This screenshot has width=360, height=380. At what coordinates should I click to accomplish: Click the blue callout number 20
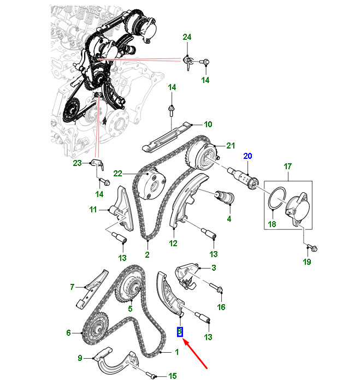[247, 156]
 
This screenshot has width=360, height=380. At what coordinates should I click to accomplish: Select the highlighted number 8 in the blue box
[180, 332]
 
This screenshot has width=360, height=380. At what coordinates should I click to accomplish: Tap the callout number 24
[187, 37]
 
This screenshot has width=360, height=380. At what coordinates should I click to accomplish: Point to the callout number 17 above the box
[287, 167]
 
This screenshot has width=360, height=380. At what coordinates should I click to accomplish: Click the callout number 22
[118, 174]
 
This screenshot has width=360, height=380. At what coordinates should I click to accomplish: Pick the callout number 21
[231, 145]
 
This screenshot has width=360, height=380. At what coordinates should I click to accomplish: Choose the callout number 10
[208, 124]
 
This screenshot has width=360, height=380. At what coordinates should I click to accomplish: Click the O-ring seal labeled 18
[277, 198]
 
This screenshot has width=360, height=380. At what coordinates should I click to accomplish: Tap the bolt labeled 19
[312, 248]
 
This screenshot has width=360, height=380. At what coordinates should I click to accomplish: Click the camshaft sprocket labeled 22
[149, 186]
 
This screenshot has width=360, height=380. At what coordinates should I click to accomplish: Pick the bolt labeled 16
[216, 288]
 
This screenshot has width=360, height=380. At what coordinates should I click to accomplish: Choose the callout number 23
[78, 163]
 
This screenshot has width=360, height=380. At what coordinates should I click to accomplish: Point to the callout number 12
[173, 244]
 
